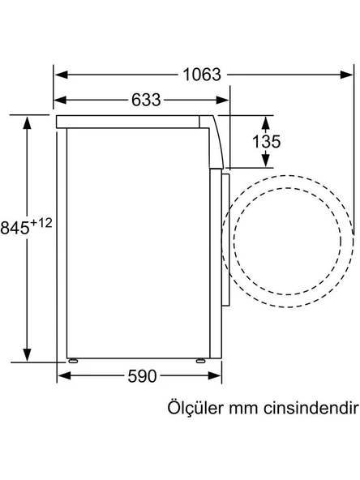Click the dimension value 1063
(201, 75)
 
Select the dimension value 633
(145, 101)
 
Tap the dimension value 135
(266, 142)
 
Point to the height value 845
(15, 228)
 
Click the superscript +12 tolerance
(41, 222)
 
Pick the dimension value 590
(143, 376)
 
